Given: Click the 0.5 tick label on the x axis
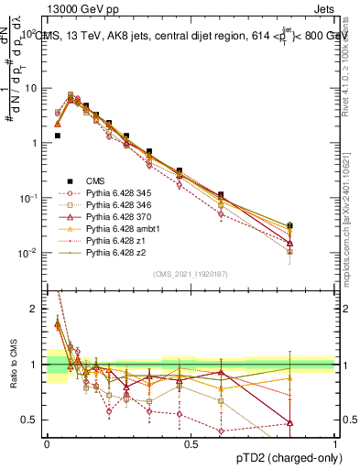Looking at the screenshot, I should tap(191, 443).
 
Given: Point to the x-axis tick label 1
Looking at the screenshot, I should tap(335, 443).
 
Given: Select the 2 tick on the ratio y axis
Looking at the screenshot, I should tap(34, 309).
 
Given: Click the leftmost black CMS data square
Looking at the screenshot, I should tap(57, 136).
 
